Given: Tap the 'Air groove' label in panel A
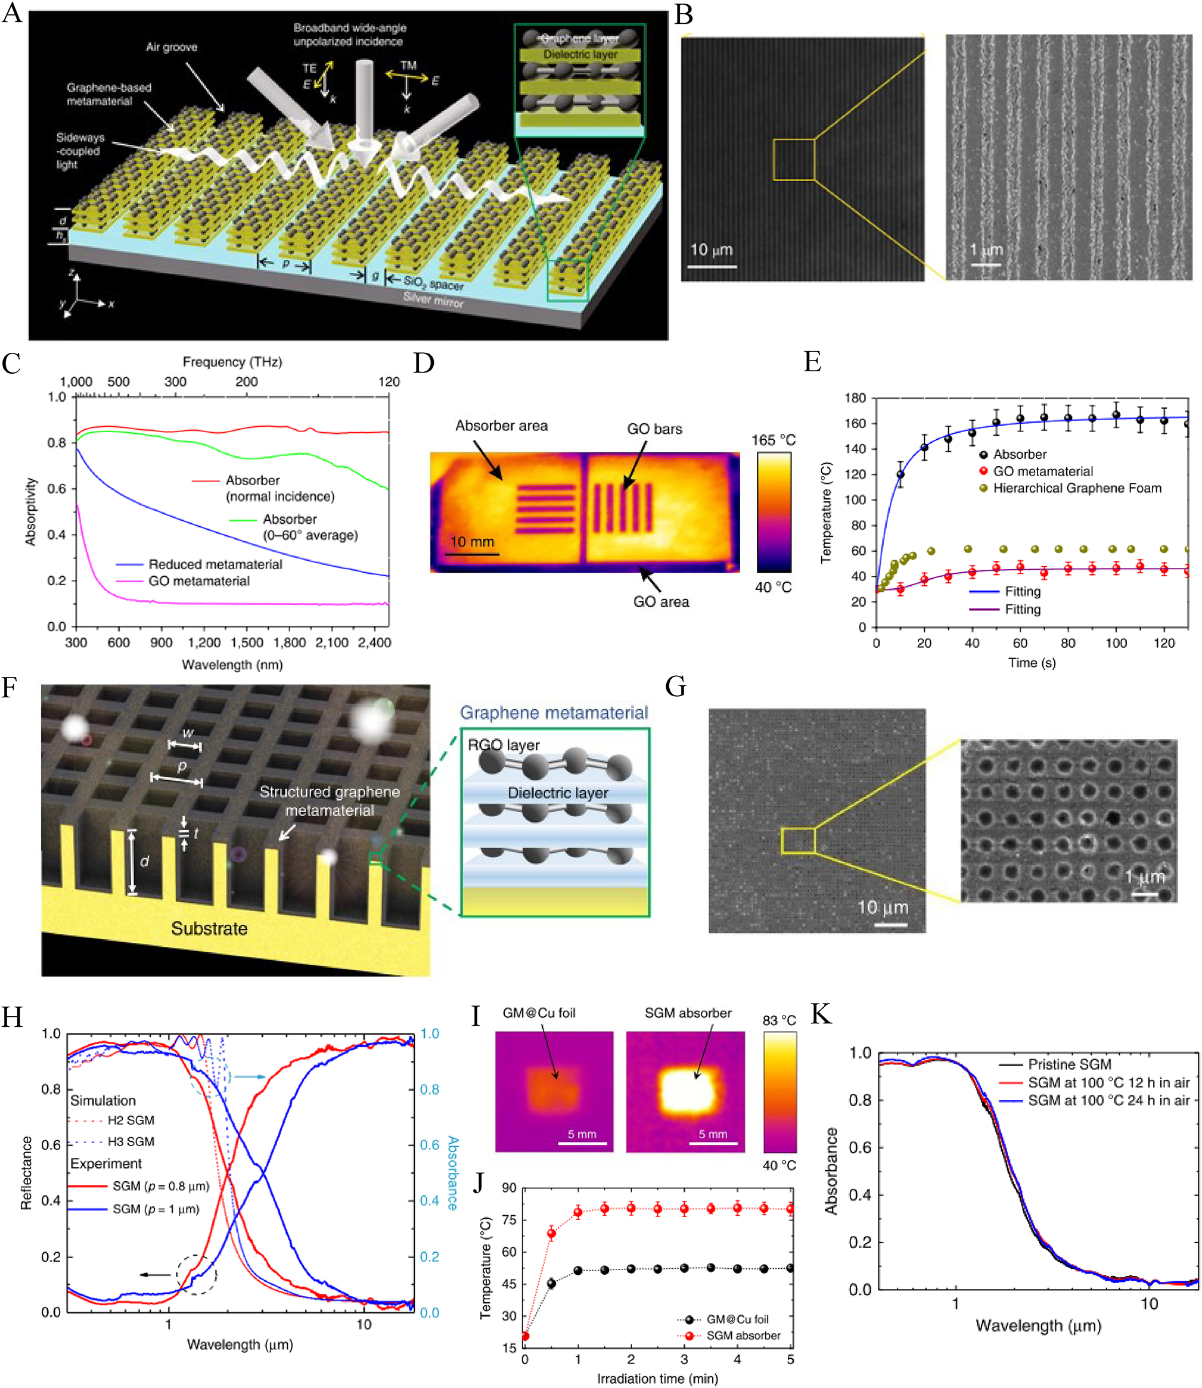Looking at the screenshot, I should pos(172,47).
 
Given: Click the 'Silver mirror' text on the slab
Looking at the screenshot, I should pos(433,300).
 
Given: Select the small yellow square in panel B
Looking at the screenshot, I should pos(794,160).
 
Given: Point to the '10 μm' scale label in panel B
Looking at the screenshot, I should pos(712,250).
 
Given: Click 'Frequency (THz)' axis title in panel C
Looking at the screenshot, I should pos(232,362).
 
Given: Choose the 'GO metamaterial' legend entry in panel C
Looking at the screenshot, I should pos(198,581).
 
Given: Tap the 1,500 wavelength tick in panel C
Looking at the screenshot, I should pos(247,642).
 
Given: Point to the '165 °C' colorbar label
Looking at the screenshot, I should pos(773,440).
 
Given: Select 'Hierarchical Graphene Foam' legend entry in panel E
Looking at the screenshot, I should pos(1077,487).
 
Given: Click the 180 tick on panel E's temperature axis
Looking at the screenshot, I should pos(855,398).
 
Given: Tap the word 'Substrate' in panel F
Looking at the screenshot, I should pos(209,929).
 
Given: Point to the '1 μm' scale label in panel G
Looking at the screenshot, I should pos(1144,876).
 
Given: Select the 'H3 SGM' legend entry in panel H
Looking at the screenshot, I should pos(131,1141).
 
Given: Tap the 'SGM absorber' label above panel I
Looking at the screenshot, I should pos(688,1013).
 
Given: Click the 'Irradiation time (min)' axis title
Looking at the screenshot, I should pos(657,1378).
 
